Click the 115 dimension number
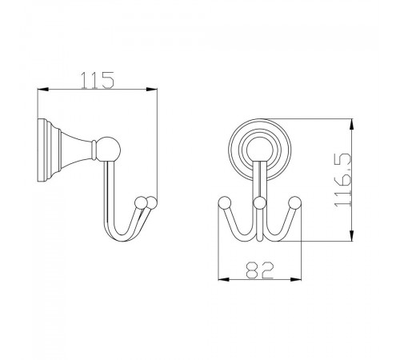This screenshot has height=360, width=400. (x=98, y=80)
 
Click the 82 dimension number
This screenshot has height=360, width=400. (x=260, y=270)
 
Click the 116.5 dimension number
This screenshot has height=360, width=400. (x=343, y=180)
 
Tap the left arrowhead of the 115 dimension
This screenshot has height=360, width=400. (x=43, y=90)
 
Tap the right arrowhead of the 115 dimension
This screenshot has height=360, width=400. (x=151, y=90)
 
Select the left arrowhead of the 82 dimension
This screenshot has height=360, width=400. (x=224, y=279)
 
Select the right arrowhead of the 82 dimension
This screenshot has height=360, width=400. (x=296, y=279)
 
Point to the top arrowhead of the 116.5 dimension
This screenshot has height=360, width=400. (x=352, y=125)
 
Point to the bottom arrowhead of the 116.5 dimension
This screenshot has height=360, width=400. (x=352, y=235)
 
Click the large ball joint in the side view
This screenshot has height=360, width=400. (x=108, y=150)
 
